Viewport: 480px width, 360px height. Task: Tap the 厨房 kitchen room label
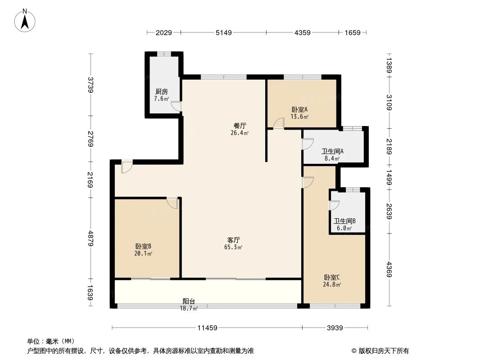pos(162,94)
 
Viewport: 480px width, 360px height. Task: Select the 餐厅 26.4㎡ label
pos(240,129)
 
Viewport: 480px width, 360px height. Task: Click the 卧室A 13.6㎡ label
pos(299,112)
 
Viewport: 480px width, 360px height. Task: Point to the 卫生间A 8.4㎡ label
pos(333,154)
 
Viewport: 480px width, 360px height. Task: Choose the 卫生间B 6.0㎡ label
pos(345,224)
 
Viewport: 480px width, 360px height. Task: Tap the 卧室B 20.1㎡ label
pos(143,249)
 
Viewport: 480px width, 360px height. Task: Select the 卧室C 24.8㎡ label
pos(332,280)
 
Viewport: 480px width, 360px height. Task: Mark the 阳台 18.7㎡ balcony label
pos(189,304)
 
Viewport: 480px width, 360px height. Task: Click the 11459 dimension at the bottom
pos(207,328)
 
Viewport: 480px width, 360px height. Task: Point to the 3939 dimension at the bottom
pos(335,328)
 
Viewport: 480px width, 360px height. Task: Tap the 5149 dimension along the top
pos(223,33)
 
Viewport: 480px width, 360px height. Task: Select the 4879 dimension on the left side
pos(91,238)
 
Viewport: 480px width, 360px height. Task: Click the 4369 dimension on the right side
pos(389,270)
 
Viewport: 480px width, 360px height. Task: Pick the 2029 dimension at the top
pos(163,33)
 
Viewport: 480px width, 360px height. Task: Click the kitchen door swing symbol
pos(176,106)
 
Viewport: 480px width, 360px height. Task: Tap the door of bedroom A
pos(279,123)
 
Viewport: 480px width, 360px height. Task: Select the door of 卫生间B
pos(334,205)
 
